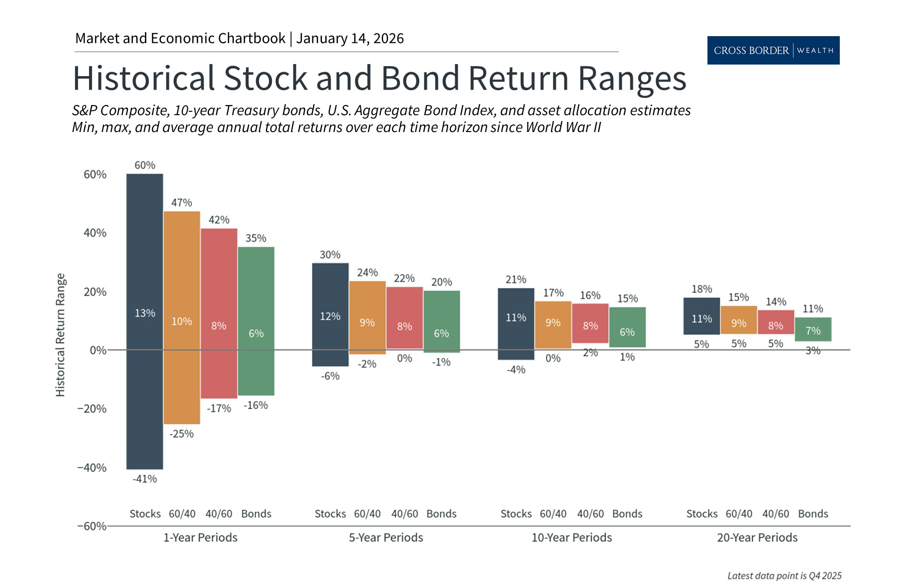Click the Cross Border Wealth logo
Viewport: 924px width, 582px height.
tap(773, 50)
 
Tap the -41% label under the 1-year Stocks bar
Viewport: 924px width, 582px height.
tap(145, 479)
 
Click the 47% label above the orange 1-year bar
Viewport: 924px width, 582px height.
tap(181, 203)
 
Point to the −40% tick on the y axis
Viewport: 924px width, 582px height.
tap(91, 467)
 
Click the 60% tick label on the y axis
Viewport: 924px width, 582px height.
tap(95, 174)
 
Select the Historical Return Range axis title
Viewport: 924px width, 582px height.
tap(60, 335)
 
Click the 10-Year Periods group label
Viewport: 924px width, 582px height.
tap(571, 537)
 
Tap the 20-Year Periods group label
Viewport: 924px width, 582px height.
tap(757, 537)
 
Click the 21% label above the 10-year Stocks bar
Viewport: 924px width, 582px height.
tap(516, 279)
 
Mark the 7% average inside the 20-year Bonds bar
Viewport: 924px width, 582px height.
tap(813, 331)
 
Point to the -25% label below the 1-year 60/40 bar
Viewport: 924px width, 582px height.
tap(181, 434)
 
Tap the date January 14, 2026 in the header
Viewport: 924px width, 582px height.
tap(350, 39)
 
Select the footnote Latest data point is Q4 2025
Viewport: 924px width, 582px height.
tap(784, 575)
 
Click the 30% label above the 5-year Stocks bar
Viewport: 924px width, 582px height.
tap(330, 254)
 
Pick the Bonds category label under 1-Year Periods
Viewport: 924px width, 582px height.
tap(256, 514)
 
